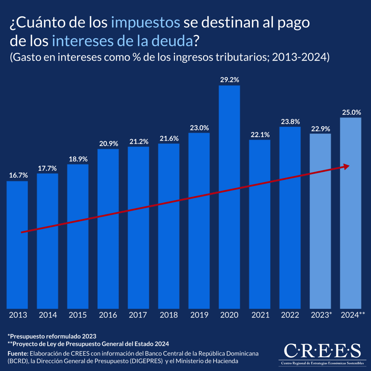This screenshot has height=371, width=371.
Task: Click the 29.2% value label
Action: [x=229, y=80]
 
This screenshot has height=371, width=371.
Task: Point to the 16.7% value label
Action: [x=18, y=175]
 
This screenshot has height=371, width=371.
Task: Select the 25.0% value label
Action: [x=352, y=112]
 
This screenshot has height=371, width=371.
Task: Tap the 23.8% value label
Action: [x=290, y=122]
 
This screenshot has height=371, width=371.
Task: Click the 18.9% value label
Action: [x=78, y=159]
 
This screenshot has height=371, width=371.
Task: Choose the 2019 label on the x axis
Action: [x=199, y=315]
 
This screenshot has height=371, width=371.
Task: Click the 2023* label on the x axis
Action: [x=321, y=315]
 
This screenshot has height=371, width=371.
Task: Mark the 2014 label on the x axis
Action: [x=48, y=315]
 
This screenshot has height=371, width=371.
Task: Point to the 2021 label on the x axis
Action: [x=260, y=315]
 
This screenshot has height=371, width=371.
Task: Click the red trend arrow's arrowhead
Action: [x=346, y=167]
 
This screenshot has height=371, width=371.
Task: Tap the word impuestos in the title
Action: [x=145, y=23]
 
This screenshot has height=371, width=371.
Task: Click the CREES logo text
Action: [x=322, y=351]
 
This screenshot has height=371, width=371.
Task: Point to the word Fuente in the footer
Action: [x=18, y=353]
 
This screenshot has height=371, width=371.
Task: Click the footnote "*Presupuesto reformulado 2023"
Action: [x=52, y=336]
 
